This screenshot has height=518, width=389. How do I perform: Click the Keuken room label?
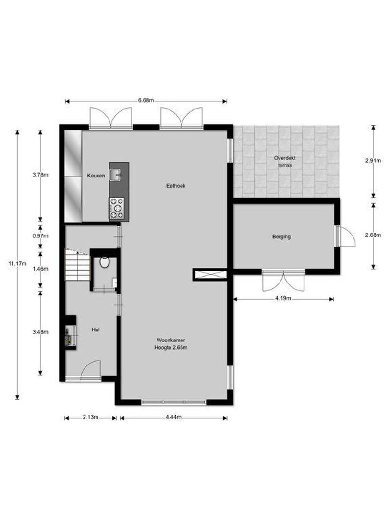coord(96,176)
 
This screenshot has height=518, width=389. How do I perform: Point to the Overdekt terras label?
coord(283,161)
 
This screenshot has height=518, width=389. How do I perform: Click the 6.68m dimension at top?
coord(146,101)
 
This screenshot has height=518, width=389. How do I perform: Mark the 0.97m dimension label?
coord(40,236)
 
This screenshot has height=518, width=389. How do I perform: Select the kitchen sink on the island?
coord(116,174)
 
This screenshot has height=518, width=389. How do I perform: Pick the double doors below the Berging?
coord(283,281)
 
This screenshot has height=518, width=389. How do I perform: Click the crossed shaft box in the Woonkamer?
coord(210,274)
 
